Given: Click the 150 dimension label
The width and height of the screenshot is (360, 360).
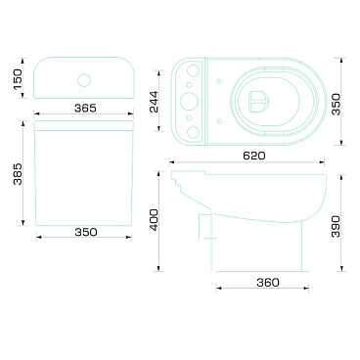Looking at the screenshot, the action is tap(18, 78).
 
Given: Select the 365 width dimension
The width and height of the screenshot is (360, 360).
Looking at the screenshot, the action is tap(85, 108).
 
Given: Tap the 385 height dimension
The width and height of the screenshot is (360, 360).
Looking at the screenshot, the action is tap(18, 173).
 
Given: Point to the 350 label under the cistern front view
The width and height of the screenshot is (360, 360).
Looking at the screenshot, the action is tap(86, 232).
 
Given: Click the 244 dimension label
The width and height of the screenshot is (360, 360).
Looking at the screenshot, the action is tap(154, 102).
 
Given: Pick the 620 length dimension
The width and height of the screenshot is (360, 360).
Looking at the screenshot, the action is tap(254, 156).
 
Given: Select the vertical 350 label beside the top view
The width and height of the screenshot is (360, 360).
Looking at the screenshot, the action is tap(336, 104).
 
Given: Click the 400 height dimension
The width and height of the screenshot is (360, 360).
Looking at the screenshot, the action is tap(154, 220).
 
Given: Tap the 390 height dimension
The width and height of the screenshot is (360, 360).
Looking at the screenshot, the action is tap(336, 226).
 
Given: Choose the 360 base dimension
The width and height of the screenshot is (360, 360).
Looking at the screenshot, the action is tap(268, 283).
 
